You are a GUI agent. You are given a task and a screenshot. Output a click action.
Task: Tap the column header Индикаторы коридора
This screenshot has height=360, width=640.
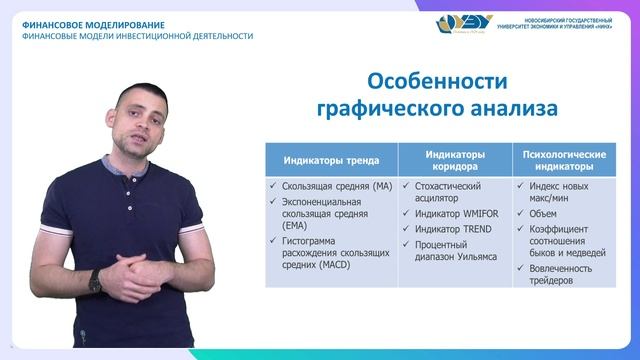pos(455,160)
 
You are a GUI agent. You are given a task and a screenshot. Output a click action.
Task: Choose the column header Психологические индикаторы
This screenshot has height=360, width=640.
pos(566,160)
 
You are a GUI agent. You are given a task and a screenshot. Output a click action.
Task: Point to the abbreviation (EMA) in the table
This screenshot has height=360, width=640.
pos(285,227)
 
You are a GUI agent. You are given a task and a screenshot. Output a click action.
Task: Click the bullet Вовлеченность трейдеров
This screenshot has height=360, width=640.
pos(565,274)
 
